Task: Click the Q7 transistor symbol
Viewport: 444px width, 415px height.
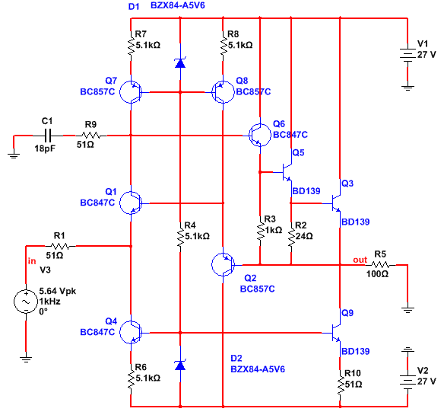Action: pos(131,92)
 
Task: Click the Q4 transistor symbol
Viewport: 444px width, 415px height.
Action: pos(131,333)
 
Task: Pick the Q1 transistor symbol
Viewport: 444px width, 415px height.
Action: pos(131,203)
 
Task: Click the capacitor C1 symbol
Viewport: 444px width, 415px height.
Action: pos(48,136)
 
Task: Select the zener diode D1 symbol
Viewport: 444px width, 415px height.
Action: pos(180,62)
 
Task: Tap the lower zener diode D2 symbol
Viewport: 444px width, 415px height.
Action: pos(180,365)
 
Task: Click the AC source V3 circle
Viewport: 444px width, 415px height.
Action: pos(26,302)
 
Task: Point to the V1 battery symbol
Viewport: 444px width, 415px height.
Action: pos(408,56)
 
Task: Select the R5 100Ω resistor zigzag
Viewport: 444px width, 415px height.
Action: pos(381,265)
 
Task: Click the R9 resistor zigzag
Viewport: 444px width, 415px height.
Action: pos(90,136)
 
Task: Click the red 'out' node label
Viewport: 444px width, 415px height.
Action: pos(360,260)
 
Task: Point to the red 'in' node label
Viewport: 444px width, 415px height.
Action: pos(32,261)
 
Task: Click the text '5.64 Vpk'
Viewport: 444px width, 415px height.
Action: pos(58,291)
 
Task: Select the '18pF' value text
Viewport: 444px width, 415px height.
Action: pos(45,148)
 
